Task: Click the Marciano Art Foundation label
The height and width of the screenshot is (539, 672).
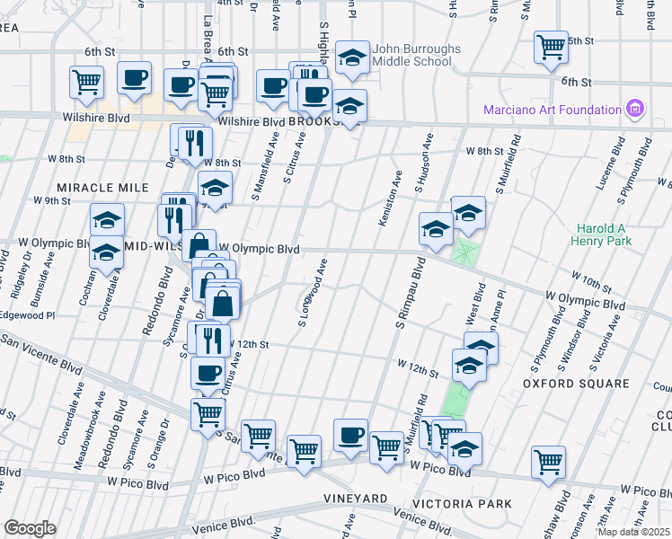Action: point(553,110)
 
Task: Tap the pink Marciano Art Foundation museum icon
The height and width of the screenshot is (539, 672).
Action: point(636,110)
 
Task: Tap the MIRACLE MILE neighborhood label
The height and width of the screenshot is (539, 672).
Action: point(102,187)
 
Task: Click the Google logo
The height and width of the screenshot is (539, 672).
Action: point(30,527)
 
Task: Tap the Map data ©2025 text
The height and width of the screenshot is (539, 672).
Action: point(634,532)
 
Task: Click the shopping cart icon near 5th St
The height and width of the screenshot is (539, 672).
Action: point(550,46)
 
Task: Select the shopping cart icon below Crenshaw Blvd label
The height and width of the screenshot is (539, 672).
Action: point(547,462)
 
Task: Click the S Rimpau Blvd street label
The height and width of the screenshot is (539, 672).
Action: point(409,293)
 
